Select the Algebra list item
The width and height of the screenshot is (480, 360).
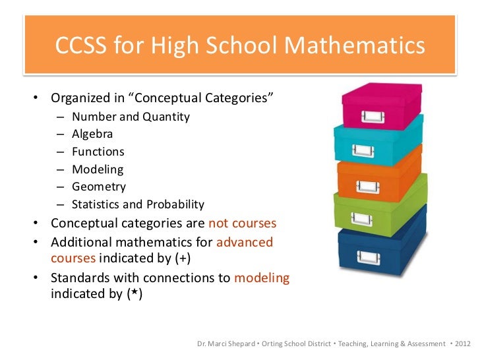(x=92, y=134)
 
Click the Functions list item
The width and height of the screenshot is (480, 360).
(x=98, y=152)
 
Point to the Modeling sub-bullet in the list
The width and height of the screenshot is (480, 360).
(x=98, y=169)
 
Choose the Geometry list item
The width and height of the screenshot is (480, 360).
(x=98, y=187)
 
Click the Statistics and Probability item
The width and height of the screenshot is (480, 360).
(x=138, y=204)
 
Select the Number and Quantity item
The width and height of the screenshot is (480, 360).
(x=131, y=117)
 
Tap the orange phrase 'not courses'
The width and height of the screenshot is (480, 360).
(x=242, y=222)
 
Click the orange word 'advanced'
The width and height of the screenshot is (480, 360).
(x=244, y=242)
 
